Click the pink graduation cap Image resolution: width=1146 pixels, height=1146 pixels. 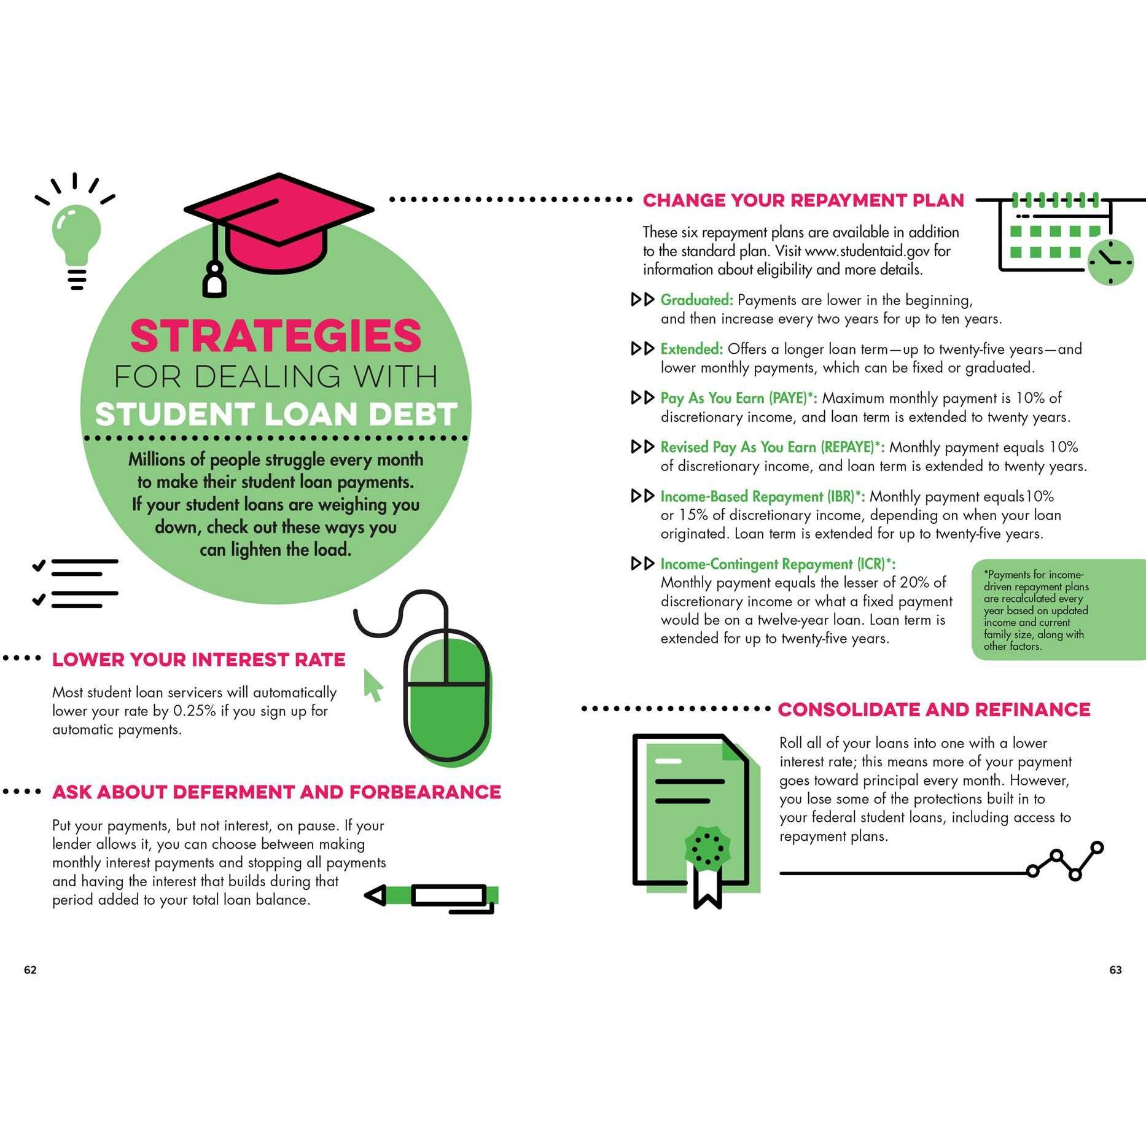(279, 227)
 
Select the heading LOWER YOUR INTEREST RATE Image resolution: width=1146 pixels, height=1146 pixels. (198, 660)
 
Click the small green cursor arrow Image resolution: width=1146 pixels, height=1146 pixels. (373, 684)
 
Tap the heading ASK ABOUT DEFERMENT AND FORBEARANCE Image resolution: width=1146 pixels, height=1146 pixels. (276, 792)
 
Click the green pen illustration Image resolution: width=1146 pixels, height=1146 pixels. (432, 897)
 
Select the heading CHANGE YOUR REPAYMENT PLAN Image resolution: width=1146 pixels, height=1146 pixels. (803, 200)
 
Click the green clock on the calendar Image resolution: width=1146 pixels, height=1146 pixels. (1110, 262)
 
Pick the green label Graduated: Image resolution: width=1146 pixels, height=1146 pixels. (696, 300)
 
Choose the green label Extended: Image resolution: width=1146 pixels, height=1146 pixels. (692, 349)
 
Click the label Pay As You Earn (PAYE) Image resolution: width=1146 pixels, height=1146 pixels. (733, 398)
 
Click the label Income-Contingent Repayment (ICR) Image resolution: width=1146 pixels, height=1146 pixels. (772, 564)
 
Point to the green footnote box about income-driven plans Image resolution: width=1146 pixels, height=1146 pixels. (1058, 610)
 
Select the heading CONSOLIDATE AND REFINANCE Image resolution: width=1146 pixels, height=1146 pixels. (934, 709)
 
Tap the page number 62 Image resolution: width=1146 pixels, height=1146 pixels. (30, 970)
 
